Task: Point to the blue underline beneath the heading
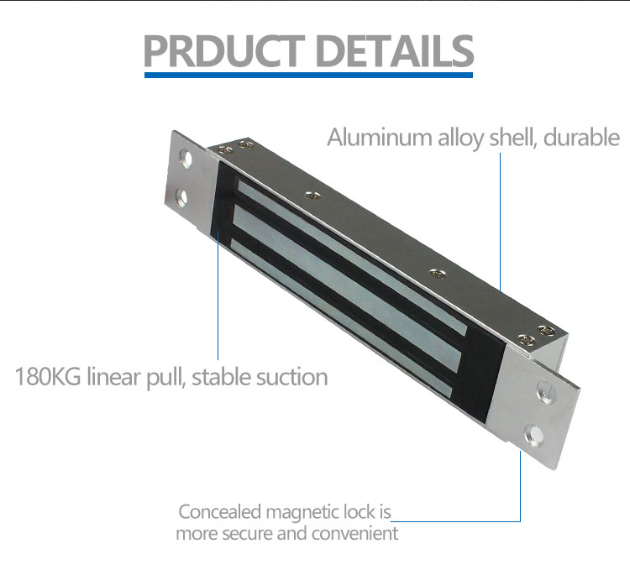click(308, 75)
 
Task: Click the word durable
click(580, 137)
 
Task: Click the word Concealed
click(220, 512)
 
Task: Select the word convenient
click(354, 533)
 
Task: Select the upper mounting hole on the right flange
click(543, 393)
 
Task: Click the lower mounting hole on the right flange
click(531, 434)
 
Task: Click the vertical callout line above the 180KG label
click(218, 302)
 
